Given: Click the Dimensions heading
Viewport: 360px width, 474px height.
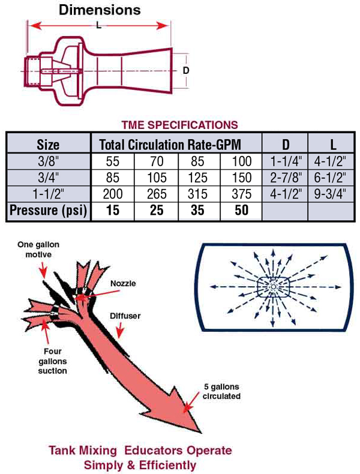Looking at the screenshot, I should tap(100, 10).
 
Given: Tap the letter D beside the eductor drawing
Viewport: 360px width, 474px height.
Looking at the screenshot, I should tap(186, 70).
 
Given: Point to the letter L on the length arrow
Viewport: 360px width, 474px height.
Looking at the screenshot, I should tap(99, 26).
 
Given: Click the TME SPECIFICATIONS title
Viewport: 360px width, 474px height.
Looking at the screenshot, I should tap(179, 125).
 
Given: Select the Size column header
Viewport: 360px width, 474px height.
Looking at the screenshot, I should tap(48, 145).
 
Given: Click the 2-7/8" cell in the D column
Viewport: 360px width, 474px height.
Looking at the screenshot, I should tap(285, 178).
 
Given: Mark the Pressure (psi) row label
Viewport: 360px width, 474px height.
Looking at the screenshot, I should tap(48, 211).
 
